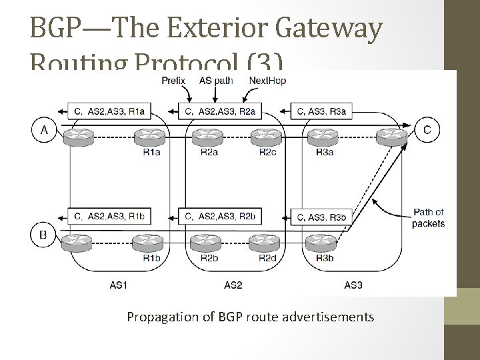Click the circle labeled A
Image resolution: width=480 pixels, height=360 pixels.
45,129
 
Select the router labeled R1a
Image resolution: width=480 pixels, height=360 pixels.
150,137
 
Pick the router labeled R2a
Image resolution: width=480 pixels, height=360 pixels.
207,137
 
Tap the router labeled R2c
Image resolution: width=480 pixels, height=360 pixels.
267,137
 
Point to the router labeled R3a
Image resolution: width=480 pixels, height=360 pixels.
325,137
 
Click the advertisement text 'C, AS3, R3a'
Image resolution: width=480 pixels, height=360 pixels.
322,111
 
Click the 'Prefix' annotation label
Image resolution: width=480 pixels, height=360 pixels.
174,81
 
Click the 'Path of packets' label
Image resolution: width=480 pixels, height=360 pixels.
427,218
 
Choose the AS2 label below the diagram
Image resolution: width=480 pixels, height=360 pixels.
233,285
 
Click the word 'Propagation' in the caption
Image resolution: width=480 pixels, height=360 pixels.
159,317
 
